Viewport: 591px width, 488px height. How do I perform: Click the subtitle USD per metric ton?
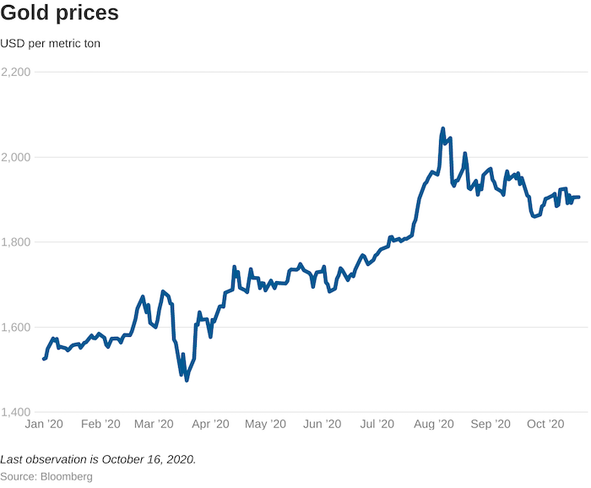point(51,43)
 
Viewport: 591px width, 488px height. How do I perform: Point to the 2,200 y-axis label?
point(15,73)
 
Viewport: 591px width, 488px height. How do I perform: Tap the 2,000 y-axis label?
point(15,157)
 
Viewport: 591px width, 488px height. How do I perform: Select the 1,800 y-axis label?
point(15,242)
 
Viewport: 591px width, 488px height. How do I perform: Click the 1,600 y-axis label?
point(15,328)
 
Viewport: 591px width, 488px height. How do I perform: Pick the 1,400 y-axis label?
point(15,412)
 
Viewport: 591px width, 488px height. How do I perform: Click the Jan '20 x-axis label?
point(44,424)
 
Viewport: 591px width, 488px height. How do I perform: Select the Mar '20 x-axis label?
point(154,424)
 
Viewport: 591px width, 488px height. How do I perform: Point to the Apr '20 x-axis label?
point(210,424)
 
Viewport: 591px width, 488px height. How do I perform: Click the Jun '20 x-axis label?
point(322,424)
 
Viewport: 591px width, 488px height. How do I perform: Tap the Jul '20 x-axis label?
point(377,424)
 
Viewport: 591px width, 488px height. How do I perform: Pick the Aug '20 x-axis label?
point(434,424)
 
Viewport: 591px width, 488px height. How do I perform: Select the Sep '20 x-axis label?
point(490,424)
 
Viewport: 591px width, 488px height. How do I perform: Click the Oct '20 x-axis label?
point(545,424)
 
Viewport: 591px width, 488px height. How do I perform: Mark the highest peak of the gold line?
point(443,129)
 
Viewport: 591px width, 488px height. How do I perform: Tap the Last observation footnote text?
point(98,459)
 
